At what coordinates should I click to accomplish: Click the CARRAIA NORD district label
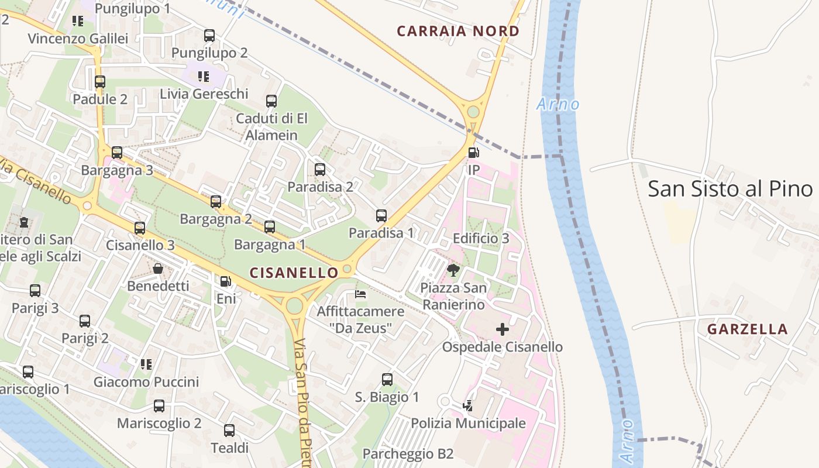(x=457, y=31)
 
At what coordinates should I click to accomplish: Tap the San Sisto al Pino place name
(x=730, y=189)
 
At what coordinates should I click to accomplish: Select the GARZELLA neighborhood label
(x=747, y=329)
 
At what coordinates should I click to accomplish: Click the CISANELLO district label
(x=294, y=273)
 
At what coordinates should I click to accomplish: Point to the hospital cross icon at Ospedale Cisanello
(x=502, y=330)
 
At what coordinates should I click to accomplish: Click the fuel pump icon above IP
(x=473, y=153)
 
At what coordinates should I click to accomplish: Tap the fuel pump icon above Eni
(x=226, y=281)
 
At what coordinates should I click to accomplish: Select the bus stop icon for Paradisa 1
(x=381, y=216)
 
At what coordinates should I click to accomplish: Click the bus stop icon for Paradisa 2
(x=320, y=170)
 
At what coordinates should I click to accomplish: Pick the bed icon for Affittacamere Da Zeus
(x=360, y=294)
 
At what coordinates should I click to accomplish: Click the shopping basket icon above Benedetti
(x=158, y=269)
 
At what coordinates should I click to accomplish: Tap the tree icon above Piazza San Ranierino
(x=453, y=270)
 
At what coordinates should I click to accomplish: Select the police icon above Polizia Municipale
(x=467, y=405)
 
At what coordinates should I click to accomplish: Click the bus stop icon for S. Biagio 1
(x=387, y=380)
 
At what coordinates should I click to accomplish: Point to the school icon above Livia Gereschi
(x=204, y=76)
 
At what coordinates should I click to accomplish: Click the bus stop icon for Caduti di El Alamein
(x=271, y=101)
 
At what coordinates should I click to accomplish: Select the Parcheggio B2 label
(x=408, y=454)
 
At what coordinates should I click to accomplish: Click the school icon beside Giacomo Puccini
(x=146, y=364)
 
